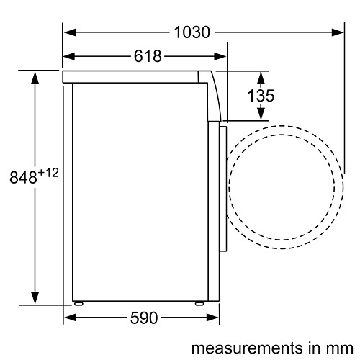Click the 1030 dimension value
point(192,32)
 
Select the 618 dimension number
point(148,56)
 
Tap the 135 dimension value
point(261,96)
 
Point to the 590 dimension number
point(144,318)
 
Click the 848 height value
point(23,177)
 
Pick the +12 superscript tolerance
point(48,173)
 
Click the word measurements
point(247,348)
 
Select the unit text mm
point(341,348)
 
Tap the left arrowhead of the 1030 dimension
point(70,32)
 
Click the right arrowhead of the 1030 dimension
point(338,32)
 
